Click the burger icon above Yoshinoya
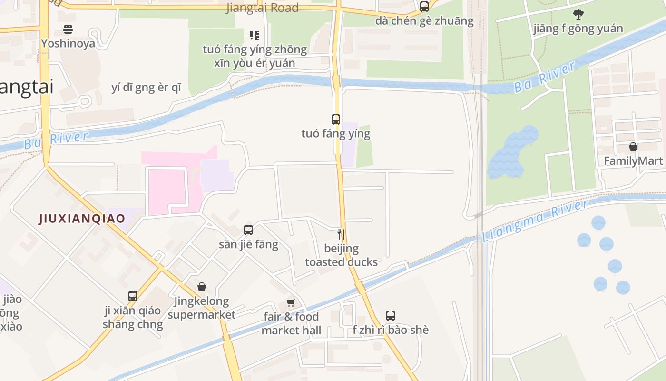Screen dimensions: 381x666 click(x=68, y=30)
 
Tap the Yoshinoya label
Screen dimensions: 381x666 click(x=68, y=43)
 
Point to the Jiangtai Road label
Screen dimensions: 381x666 click(x=262, y=8)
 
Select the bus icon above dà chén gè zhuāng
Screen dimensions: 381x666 click(x=424, y=7)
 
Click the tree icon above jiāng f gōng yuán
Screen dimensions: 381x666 click(x=578, y=14)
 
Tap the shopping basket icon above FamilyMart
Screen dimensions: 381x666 click(x=633, y=147)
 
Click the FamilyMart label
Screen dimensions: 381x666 click(x=633, y=161)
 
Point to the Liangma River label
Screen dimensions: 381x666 click(x=535, y=221)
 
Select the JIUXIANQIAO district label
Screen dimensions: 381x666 click(x=82, y=219)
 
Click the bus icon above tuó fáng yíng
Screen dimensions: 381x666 click(x=335, y=120)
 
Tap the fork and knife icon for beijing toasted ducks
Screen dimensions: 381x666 click(x=341, y=234)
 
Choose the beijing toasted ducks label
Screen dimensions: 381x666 click(x=341, y=255)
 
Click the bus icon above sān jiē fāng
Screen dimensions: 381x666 click(x=248, y=230)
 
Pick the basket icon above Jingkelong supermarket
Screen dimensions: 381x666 click(x=202, y=287)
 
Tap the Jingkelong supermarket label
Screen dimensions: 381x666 click(x=201, y=308)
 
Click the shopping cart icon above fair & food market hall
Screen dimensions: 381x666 click(x=291, y=302)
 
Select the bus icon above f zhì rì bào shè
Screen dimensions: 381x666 click(x=390, y=315)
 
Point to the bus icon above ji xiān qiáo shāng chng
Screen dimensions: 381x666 click(x=133, y=296)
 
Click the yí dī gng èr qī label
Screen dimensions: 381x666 click(x=146, y=88)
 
